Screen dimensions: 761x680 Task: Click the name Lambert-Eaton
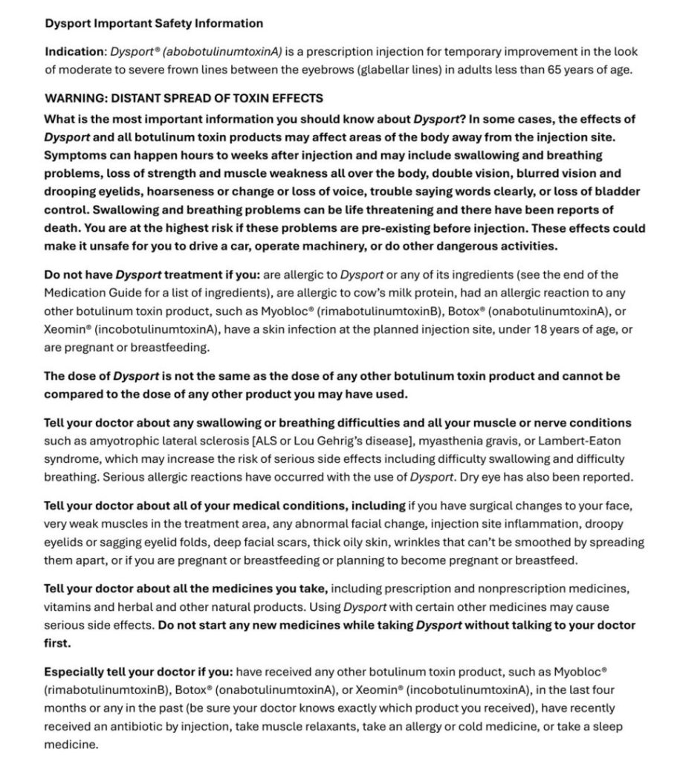[574, 441]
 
